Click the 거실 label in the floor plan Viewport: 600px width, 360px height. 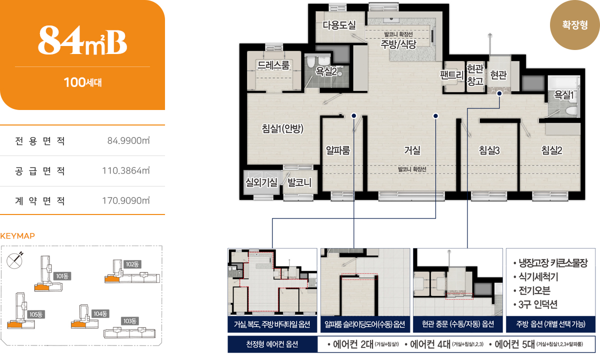pos(412,150)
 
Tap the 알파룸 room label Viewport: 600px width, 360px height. pos(338,150)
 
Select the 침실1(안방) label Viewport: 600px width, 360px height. pos(282,128)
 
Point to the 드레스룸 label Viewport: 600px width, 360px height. pos(273,65)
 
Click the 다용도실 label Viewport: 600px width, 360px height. pos(339,25)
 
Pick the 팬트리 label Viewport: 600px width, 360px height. pos(452,74)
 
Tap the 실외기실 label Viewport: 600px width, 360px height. pos(261,182)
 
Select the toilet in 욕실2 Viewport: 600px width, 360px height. pos(310,62)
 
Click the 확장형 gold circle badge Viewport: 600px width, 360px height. pos(574,25)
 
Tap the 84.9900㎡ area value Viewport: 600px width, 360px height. pos(128,140)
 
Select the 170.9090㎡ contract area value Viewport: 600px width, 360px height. pos(126,200)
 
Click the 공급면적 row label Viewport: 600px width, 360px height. pos(40,170)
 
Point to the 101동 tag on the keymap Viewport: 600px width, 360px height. pos(62,276)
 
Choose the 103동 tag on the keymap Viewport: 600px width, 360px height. pos(130,321)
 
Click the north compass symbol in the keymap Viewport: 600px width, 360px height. pos(15,260)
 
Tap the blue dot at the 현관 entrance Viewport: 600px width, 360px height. pos(499,93)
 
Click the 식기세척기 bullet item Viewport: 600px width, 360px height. pos(535,276)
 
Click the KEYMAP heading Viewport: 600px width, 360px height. pos(17,236)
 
